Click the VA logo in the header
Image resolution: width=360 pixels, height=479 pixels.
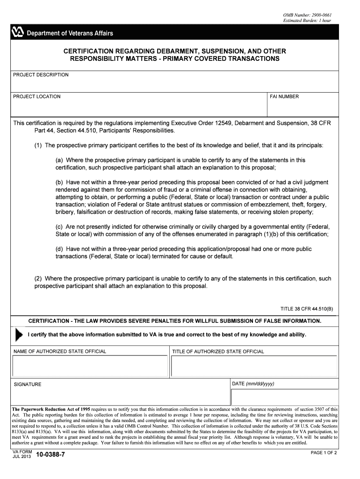pos(17,33)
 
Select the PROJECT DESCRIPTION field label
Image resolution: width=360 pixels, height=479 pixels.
pos(41,75)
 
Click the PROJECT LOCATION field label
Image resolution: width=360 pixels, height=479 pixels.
pos(37,97)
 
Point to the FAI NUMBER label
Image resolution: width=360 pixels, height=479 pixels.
pos(284,97)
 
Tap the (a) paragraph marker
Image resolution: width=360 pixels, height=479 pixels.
pos(60,160)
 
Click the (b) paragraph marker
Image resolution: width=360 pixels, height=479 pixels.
pos(60,182)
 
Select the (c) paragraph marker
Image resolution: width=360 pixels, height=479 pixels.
pos(60,227)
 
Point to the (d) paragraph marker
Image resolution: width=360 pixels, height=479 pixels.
pos(60,249)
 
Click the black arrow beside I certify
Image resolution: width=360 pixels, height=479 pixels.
pos(19,334)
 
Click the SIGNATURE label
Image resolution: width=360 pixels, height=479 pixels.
pos(28,385)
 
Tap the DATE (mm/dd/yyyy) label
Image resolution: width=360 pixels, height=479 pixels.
pos(253,384)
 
